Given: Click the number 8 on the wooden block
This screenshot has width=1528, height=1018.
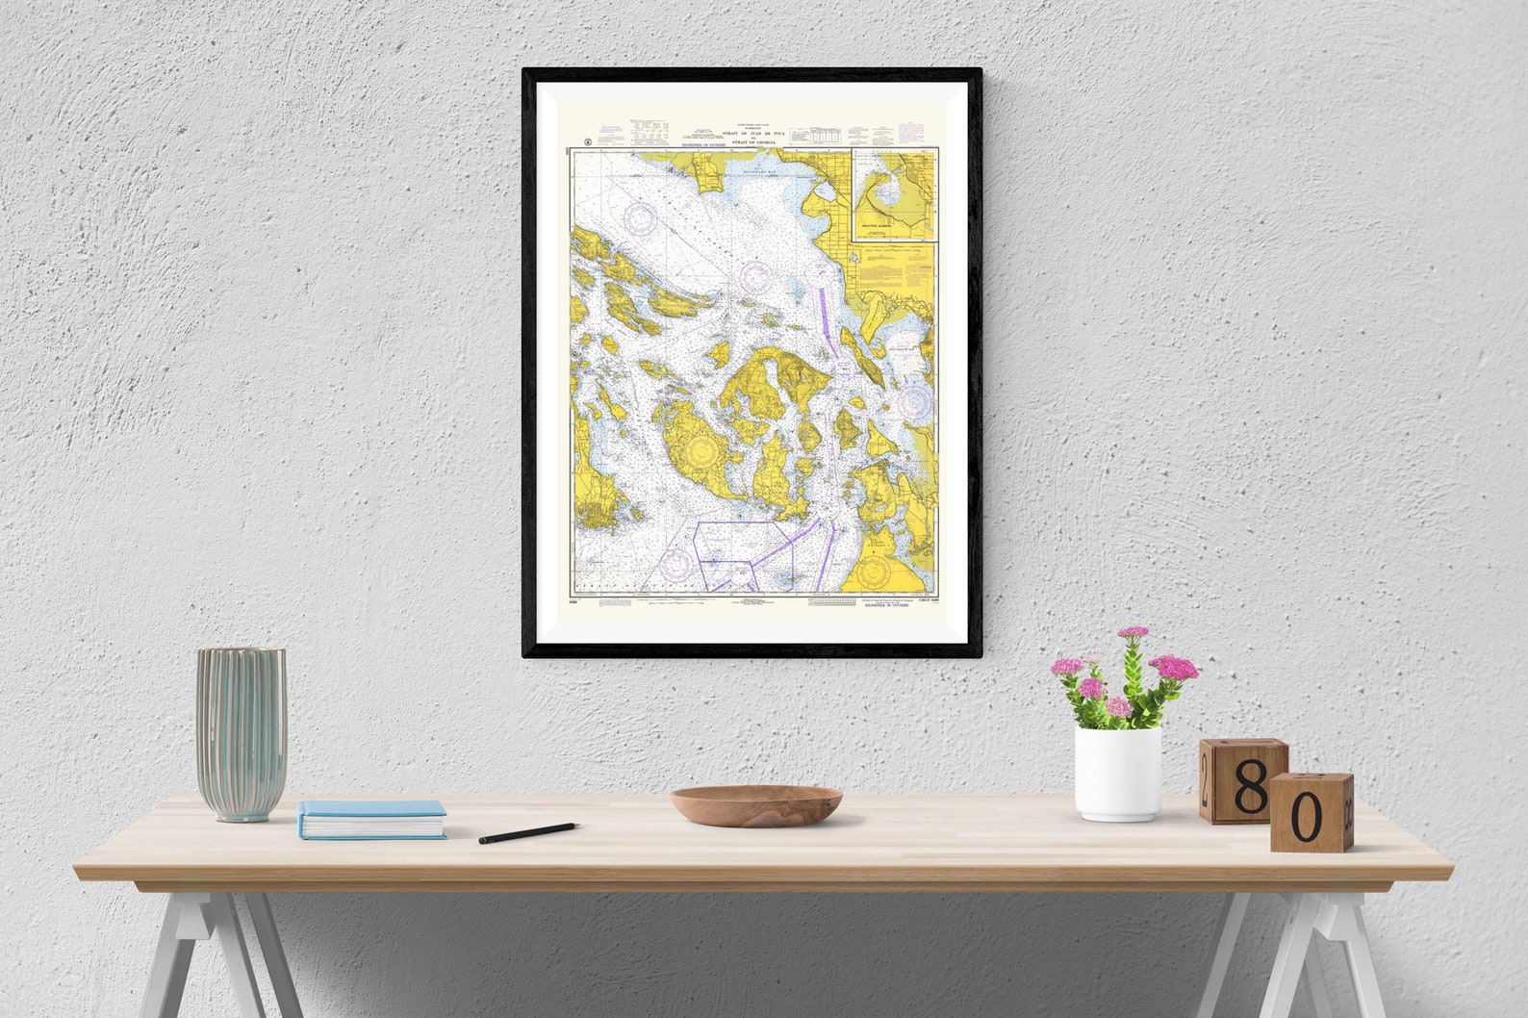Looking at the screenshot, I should pos(1251,791).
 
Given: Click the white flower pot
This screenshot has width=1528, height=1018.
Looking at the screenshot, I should pos(1117,774).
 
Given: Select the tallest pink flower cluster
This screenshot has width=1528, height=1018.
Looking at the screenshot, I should pos(1133,634).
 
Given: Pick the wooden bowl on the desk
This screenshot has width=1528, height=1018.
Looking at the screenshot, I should pos(756,804).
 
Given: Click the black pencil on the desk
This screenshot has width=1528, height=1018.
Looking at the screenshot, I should pos(528,833).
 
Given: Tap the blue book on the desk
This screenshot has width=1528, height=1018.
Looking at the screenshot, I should pos(370,819).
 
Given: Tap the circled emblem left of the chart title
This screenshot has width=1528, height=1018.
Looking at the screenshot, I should pos(586,141).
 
